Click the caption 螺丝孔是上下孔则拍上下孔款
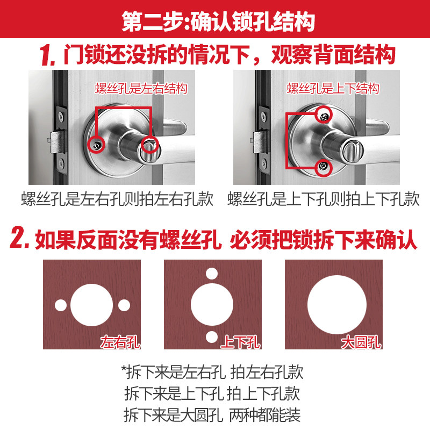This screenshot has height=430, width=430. coord(323,199)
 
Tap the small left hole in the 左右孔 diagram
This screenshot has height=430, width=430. coord(61,305)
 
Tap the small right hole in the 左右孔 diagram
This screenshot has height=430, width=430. coord(124,305)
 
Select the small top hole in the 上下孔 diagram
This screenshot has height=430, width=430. coord(212,274)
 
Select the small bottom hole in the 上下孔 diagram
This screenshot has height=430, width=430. coord(212,337)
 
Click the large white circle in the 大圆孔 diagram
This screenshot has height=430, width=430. coord(333,304)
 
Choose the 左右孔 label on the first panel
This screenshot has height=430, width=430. coord(120,341)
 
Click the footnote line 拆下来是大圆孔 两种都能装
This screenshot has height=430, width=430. coord(212,415)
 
